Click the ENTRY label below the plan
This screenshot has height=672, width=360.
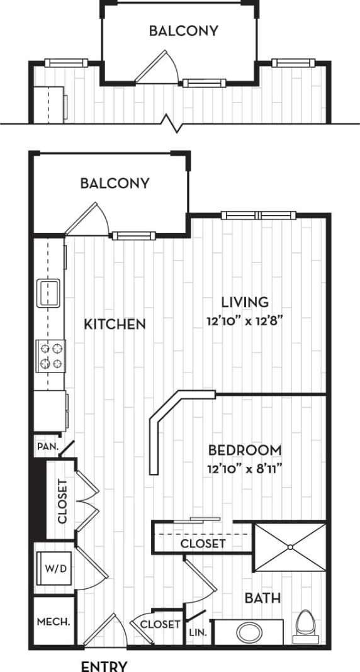(104, 666)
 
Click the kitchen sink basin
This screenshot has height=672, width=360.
(48, 293)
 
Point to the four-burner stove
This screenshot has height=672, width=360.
(50, 354)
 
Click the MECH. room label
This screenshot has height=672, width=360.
(53, 622)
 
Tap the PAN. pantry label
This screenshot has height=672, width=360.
(46, 447)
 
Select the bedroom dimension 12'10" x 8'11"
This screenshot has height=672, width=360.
(245, 469)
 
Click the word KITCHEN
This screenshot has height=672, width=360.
(115, 325)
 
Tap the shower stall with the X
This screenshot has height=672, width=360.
(290, 547)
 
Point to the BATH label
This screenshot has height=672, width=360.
(263, 598)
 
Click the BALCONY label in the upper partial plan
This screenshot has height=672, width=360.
(184, 31)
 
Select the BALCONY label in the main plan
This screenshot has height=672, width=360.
(115, 184)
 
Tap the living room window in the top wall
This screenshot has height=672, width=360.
(258, 216)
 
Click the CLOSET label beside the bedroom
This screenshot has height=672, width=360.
(203, 543)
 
